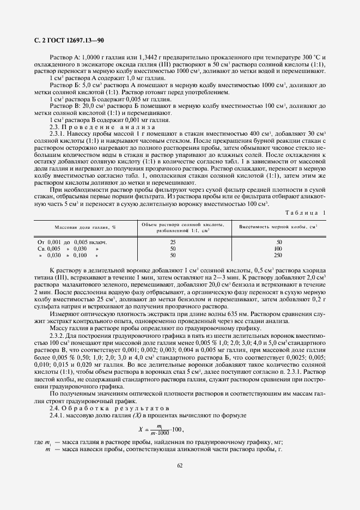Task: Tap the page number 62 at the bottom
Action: [180, 465]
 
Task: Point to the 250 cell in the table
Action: [279, 255]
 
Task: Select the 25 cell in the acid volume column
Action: [173, 241]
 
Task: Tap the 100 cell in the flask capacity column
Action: [279, 248]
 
